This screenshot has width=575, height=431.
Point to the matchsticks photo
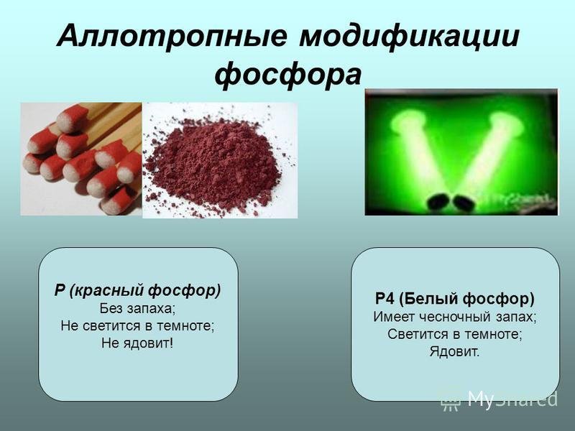click(80, 158)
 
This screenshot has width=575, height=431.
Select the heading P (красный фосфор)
click(137, 291)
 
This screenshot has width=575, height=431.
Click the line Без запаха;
click(137, 308)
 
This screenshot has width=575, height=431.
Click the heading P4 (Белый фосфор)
click(455, 298)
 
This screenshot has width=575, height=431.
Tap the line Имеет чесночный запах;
click(455, 316)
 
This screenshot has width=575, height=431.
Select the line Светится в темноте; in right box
click(455, 334)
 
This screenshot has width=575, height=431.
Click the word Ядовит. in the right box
click(455, 352)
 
